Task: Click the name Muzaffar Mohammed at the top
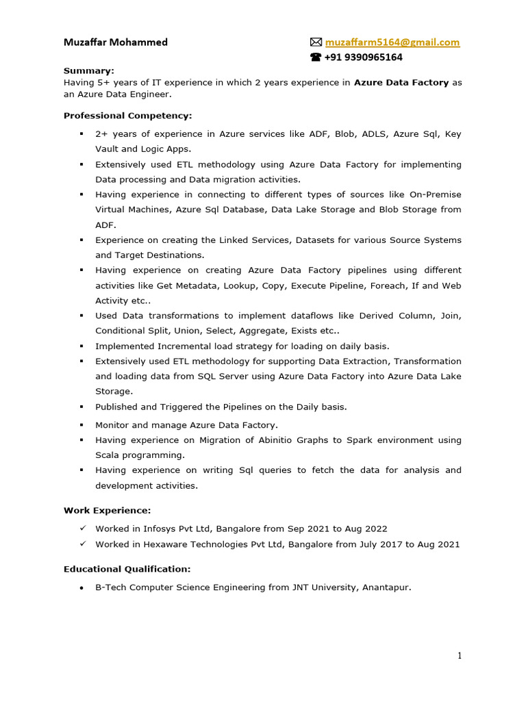click(115, 42)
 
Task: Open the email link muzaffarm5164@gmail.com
click(392, 42)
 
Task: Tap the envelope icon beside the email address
click(316, 42)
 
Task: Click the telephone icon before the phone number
click(316, 58)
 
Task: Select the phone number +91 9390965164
click(364, 58)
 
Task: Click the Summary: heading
click(89, 71)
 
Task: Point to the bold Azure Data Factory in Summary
click(401, 82)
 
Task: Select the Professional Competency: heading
click(128, 116)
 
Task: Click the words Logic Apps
click(165, 149)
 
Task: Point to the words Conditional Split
click(135, 331)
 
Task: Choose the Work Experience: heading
click(107, 510)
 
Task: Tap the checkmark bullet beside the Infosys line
click(82, 528)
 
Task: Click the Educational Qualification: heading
click(127, 569)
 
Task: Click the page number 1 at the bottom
click(460, 656)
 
